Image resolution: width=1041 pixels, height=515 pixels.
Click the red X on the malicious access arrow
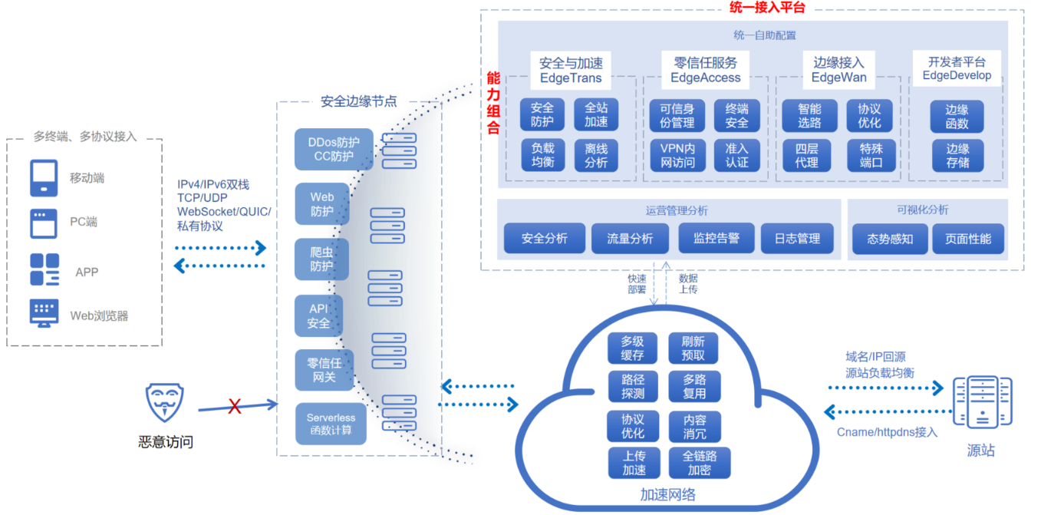click(235, 406)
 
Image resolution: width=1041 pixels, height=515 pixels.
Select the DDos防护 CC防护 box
click(333, 149)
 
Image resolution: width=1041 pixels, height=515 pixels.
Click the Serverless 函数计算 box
click(331, 424)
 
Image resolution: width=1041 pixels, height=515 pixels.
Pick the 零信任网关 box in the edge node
click(318, 370)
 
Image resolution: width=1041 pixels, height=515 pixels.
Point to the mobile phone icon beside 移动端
click(44, 178)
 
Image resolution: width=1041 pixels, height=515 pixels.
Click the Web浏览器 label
click(99, 315)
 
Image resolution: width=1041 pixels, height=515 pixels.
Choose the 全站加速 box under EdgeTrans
click(596, 114)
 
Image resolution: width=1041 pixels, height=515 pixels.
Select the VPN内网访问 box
click(677, 154)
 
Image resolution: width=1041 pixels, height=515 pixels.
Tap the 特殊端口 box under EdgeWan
click(871, 154)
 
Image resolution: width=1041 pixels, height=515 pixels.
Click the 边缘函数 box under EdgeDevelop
click(957, 117)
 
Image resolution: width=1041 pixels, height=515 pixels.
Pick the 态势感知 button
click(890, 239)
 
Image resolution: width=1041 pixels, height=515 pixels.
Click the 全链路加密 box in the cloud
click(699, 463)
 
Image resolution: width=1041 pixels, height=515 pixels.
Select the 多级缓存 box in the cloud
click(633, 348)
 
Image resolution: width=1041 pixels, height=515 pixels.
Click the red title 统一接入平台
click(766, 8)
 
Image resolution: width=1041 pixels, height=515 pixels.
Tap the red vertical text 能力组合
click(493, 103)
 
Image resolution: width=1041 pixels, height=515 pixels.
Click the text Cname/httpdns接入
click(886, 432)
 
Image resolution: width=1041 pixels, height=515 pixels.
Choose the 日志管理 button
click(797, 239)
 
